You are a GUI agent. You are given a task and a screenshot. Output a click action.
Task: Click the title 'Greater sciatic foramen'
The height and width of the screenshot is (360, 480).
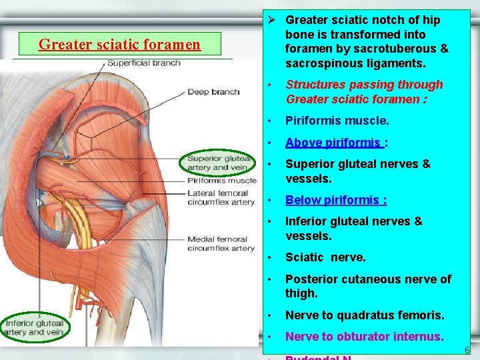(119, 45)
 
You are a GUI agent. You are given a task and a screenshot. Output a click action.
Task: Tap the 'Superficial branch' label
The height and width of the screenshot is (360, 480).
(144, 63)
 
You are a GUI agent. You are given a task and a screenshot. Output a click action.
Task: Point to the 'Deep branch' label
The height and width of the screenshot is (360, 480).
(213, 92)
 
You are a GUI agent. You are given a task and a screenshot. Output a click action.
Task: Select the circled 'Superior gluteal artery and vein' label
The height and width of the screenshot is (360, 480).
(219, 163)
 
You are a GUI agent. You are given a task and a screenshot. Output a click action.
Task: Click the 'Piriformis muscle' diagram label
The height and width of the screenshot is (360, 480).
(221, 181)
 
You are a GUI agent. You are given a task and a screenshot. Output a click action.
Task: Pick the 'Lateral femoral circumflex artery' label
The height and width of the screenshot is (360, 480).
(221, 197)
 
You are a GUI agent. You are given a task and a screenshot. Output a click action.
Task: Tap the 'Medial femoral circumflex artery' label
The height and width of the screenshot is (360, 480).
(221, 243)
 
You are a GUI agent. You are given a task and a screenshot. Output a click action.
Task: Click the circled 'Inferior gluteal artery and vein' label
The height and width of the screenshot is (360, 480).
(35, 327)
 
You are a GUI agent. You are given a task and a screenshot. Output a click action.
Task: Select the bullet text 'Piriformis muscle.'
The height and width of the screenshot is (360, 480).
(337, 121)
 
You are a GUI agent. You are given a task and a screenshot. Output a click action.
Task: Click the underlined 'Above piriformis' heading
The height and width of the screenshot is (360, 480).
(333, 142)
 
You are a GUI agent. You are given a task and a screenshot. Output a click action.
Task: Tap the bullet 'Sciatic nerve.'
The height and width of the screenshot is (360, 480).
(325, 257)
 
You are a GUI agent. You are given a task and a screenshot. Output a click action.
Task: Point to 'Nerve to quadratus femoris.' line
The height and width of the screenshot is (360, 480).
(364, 315)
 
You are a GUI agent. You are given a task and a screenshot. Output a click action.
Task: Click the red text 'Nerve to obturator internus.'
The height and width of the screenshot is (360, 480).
(364, 337)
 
